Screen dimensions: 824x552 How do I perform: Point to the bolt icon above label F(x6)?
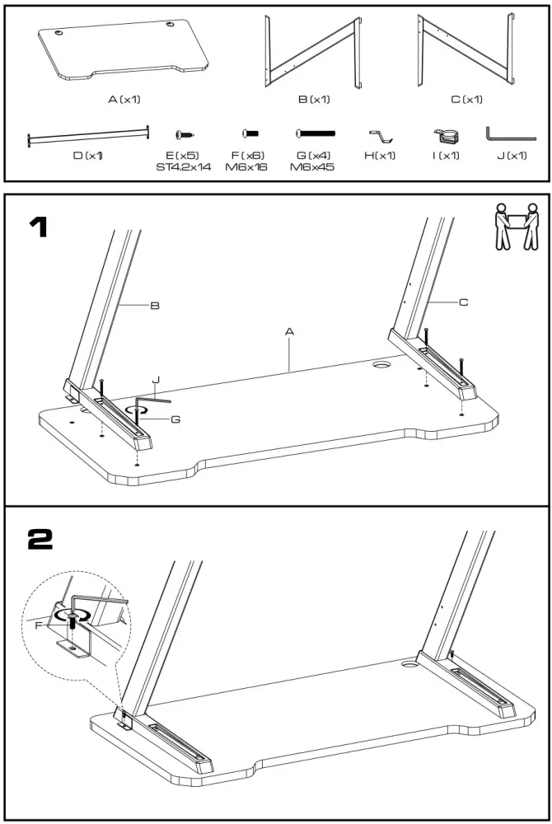coord(250,133)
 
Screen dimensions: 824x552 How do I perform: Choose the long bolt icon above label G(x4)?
coord(316,133)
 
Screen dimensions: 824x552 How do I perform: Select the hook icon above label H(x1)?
coord(381,135)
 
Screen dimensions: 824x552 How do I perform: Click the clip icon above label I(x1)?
coord(445,135)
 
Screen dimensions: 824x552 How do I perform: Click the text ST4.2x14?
coord(183,167)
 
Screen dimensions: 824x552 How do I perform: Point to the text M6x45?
coord(312,167)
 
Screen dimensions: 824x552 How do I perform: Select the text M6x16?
coord(246,167)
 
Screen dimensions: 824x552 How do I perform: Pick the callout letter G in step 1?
coord(175,419)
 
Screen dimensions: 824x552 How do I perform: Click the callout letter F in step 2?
coord(39,626)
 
